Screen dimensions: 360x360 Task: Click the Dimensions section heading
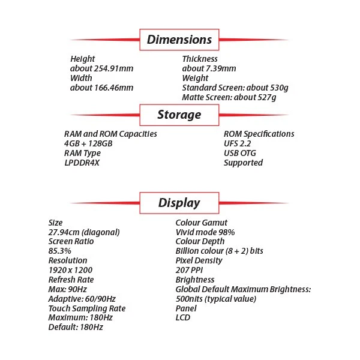point(179,40)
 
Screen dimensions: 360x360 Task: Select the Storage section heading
point(179,114)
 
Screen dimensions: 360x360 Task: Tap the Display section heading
point(179,203)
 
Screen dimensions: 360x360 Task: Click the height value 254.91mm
point(101,68)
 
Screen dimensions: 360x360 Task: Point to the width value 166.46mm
point(101,88)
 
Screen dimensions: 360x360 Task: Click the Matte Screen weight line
point(229,97)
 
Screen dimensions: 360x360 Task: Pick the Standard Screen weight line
point(235,88)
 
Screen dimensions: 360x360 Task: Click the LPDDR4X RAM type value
point(82,163)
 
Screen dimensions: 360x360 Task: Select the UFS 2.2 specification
point(239,143)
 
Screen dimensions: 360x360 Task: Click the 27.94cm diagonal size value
point(84,232)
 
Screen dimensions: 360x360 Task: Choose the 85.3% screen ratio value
point(60,251)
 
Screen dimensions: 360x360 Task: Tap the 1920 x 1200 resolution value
point(71,270)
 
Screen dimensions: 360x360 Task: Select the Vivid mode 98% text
point(205,232)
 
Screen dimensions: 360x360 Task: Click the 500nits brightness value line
point(216,299)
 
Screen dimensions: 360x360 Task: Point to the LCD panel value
point(183,317)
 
